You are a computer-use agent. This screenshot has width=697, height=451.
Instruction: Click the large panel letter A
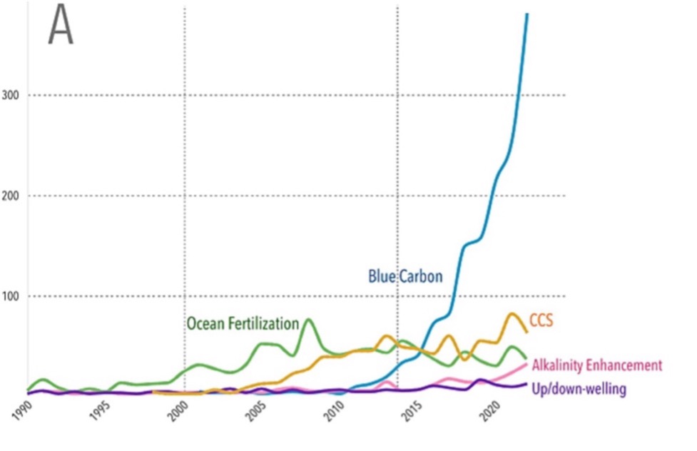[61, 29]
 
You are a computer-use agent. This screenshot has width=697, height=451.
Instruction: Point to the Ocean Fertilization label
[243, 323]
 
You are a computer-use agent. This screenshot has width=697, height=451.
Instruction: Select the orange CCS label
[541, 321]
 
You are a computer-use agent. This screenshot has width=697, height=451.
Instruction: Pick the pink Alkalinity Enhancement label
[597, 365]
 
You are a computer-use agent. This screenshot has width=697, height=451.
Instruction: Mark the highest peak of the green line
[308, 319]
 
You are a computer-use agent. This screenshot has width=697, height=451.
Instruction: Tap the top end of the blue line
[527, 14]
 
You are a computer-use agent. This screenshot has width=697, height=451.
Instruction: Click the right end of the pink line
[526, 364]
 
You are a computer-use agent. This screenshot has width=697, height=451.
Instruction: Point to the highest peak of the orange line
[512, 313]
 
